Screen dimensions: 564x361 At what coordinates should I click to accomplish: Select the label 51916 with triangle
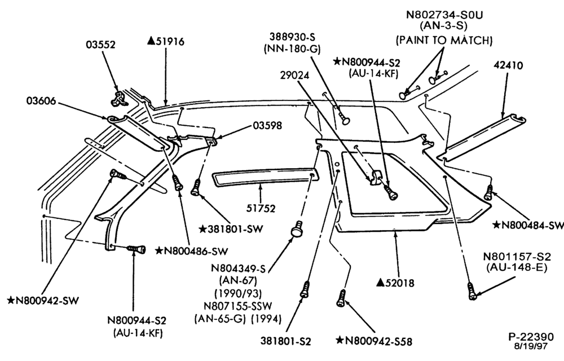pos(166,41)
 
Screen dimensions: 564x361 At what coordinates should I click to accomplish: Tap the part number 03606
pos(41,100)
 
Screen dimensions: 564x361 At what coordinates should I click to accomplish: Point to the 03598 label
pos(267,125)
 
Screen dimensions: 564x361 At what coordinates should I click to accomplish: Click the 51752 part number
pos(261,208)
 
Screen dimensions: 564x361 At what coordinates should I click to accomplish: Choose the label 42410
pos(508,65)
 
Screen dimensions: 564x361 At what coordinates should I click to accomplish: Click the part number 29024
pos(294,75)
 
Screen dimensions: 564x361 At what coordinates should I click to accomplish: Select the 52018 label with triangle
pos(395,283)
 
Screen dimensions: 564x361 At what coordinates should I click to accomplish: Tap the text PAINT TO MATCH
pos(444,40)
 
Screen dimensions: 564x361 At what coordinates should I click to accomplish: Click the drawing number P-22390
pos(531,337)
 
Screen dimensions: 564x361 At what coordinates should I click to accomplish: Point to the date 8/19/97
pos(531,346)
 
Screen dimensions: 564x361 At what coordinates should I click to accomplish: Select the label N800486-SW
pos(192,250)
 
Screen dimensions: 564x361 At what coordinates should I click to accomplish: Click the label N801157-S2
pos(517,257)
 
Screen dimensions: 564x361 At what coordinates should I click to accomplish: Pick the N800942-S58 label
pos(374,341)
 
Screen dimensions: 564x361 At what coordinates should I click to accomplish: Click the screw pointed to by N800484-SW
pos(488,192)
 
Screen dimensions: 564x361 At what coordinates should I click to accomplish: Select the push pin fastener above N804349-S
pos(297,229)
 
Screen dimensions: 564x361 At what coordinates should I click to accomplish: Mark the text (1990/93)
pos(238,293)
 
